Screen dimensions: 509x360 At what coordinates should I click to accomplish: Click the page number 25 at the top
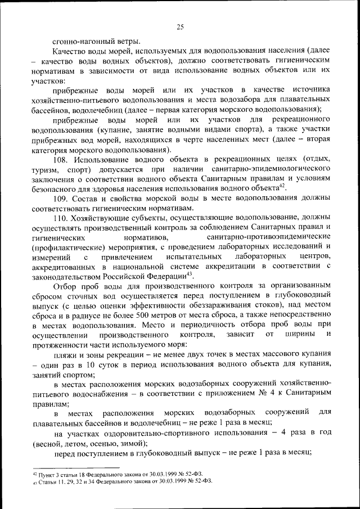[180, 26]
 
